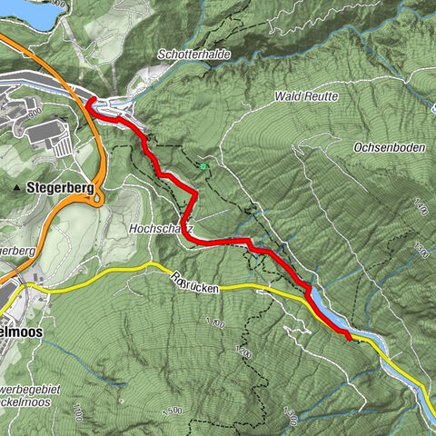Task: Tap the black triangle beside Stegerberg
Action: pyautogui.click(x=18, y=188)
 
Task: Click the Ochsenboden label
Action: pyautogui.click(x=390, y=146)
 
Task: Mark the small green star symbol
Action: pyautogui.click(x=203, y=166)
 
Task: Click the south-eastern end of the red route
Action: pyautogui.click(x=350, y=339)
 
